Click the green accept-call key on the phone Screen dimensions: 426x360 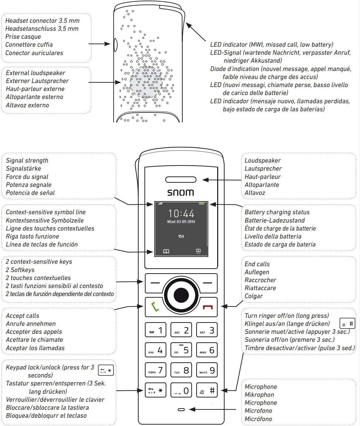(155, 307)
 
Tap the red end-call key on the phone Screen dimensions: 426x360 (208, 307)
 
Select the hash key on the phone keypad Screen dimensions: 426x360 (207, 390)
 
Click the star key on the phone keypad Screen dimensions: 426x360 (155, 390)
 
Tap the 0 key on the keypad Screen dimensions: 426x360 (181, 390)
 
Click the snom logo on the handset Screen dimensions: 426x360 (181, 192)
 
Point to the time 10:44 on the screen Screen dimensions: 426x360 (181, 213)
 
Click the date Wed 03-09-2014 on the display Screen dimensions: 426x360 (181, 222)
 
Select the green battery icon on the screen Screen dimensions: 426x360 (202, 203)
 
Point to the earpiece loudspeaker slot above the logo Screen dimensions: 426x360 (181, 179)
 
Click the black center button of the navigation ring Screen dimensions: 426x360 (181, 295)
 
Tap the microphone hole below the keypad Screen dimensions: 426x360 (181, 409)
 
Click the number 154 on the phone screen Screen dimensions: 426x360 (181, 236)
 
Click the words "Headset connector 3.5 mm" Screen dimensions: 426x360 (42, 21)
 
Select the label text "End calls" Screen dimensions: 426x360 (257, 264)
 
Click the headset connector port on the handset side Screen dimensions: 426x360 (116, 45)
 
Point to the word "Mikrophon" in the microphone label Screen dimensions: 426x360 (259, 395)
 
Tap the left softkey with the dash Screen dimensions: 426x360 (155, 283)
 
